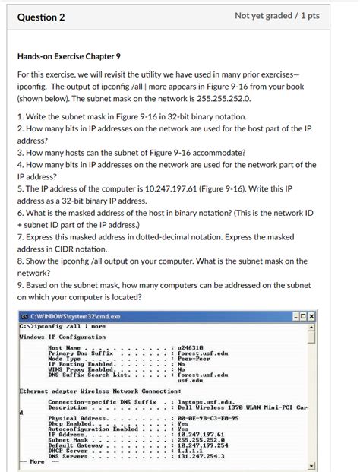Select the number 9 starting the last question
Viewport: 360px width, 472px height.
click(x=19, y=284)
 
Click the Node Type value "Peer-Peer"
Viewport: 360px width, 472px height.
click(x=194, y=359)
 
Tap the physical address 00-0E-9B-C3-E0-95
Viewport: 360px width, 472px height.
click(x=208, y=417)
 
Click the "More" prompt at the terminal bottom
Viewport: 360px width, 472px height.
click(x=37, y=461)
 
